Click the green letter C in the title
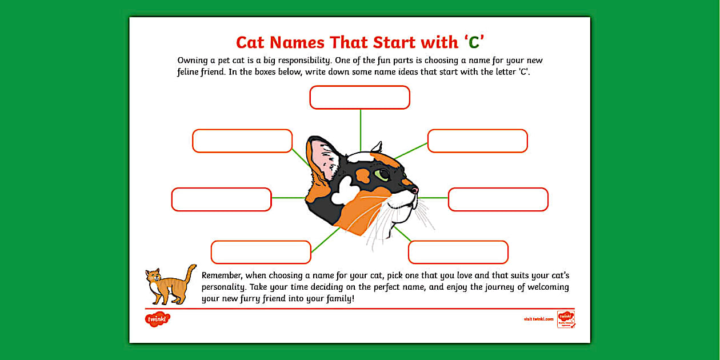[474, 43]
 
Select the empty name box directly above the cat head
[359, 97]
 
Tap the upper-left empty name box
[242, 141]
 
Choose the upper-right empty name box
[477, 141]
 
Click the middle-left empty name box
[221, 199]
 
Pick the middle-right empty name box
[498, 199]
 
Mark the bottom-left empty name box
[261, 252]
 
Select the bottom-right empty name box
[458, 252]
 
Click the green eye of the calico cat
[382, 174]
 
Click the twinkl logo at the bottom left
[157, 319]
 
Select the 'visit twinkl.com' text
[538, 319]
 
